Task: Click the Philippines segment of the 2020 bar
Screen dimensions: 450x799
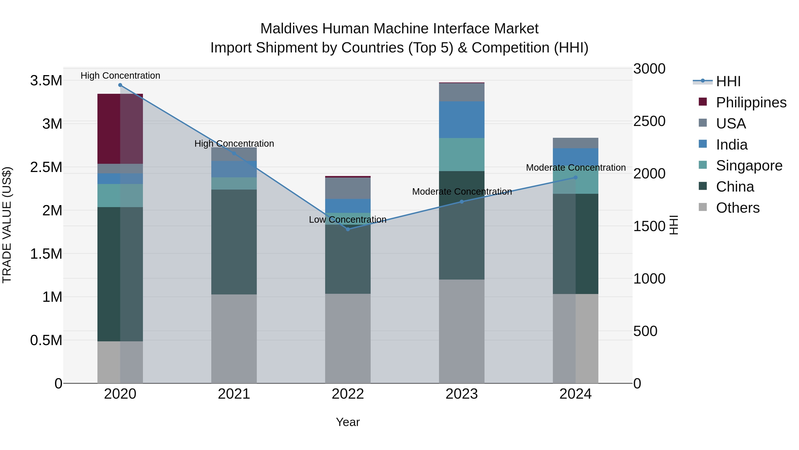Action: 120,129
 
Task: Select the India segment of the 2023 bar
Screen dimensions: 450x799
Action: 462,120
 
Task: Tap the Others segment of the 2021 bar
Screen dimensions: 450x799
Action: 234,338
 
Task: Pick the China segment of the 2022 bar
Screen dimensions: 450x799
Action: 348,259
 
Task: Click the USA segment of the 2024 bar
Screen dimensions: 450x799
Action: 575,143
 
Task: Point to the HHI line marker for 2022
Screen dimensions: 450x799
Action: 348,229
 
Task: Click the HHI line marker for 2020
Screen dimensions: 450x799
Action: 120,85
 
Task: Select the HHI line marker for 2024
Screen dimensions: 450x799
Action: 575,178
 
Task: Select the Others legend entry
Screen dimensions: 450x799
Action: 738,208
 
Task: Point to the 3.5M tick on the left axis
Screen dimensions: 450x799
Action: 46,81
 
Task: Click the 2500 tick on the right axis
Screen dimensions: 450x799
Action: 649,121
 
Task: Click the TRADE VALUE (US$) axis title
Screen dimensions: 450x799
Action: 7,225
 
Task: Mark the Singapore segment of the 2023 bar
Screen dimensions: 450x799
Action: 462,154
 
